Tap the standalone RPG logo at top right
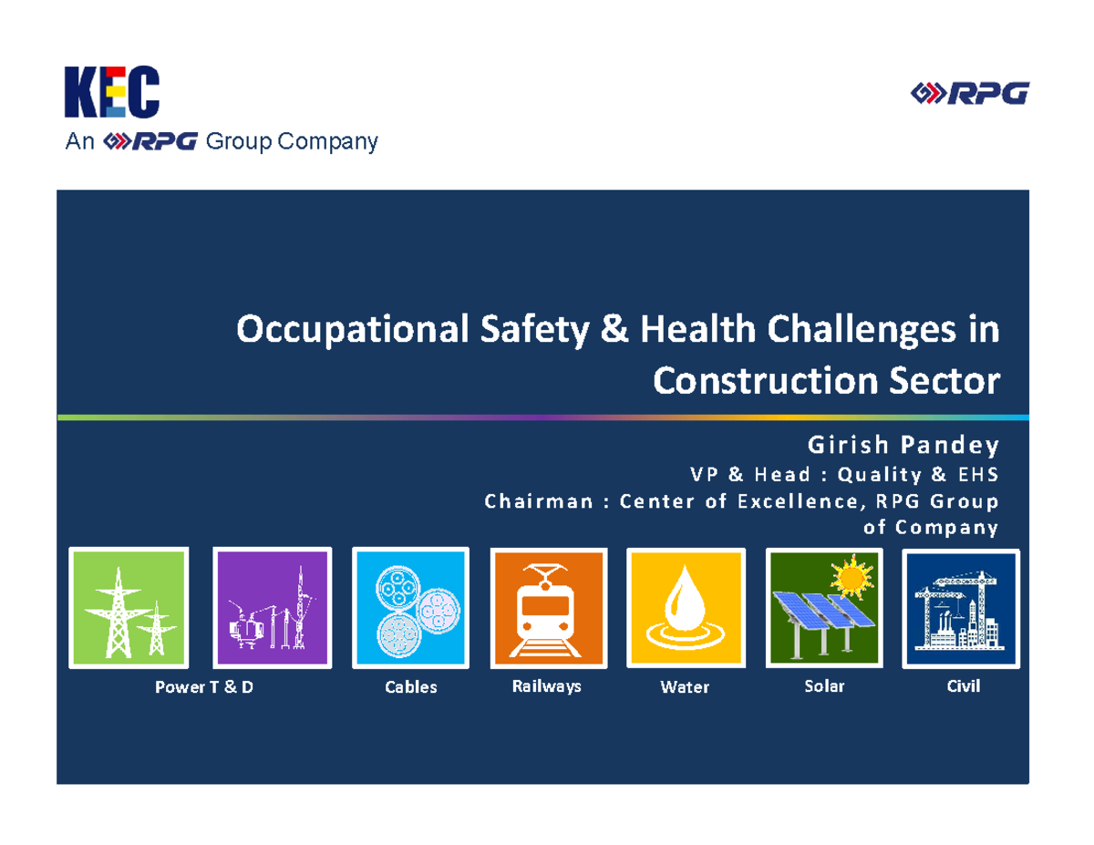coord(970,92)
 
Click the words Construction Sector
coord(826,380)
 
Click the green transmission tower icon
coord(129,609)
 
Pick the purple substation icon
coord(271,609)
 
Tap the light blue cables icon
coord(410,609)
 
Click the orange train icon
coord(549,609)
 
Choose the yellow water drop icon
coord(685,609)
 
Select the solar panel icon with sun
coord(823,609)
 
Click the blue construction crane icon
coord(960,609)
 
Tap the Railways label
coord(546,686)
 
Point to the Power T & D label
coord(204,687)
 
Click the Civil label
coord(963,686)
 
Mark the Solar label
coord(824,685)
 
